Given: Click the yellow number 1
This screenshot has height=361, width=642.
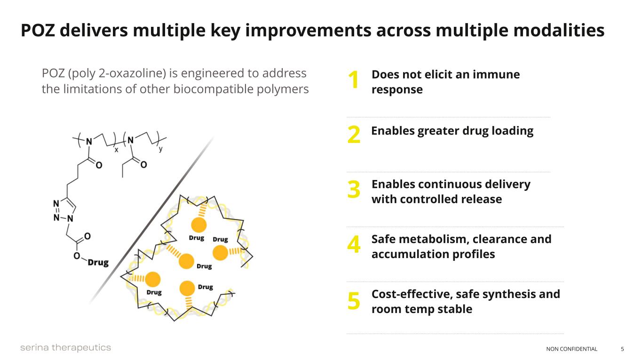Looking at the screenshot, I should [x=353, y=80].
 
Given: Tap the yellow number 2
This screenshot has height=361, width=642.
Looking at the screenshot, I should [x=354, y=135].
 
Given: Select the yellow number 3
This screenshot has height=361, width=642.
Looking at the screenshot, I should [x=354, y=189].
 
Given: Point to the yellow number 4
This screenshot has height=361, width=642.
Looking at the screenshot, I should [x=354, y=245].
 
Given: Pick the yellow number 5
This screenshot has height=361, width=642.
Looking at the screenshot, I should [x=354, y=300].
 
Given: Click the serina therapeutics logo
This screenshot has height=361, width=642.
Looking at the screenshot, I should [x=65, y=348].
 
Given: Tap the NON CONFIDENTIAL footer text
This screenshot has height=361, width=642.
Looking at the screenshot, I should [x=571, y=349].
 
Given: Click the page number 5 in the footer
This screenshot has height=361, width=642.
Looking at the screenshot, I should [x=622, y=349].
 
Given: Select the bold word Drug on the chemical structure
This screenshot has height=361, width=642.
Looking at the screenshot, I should [x=98, y=262].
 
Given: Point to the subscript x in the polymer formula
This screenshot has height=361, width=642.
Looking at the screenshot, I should [x=116, y=149].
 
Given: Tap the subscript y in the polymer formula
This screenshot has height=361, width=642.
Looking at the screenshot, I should [x=160, y=149].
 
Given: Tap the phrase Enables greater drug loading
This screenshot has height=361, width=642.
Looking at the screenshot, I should [x=452, y=131].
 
